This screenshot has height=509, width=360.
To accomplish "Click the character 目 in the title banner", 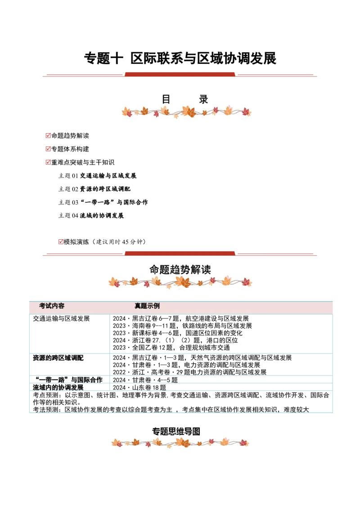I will [166, 99].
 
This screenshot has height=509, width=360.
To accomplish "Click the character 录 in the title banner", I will [203, 99].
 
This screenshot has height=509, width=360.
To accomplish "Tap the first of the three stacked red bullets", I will [48, 135].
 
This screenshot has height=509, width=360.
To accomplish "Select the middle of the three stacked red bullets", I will [48, 148].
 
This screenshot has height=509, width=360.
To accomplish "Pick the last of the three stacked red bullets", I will [48, 162].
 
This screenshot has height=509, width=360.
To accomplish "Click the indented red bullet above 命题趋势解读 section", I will [61, 241].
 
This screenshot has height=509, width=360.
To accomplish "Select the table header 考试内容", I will [52, 306].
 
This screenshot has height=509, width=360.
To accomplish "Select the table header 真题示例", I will [147, 306].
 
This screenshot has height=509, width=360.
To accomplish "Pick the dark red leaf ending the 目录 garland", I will [246, 112].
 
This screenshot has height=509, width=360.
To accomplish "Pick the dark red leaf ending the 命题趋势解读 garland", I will [246, 282].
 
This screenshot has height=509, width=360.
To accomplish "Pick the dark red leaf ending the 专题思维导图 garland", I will [243, 442].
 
